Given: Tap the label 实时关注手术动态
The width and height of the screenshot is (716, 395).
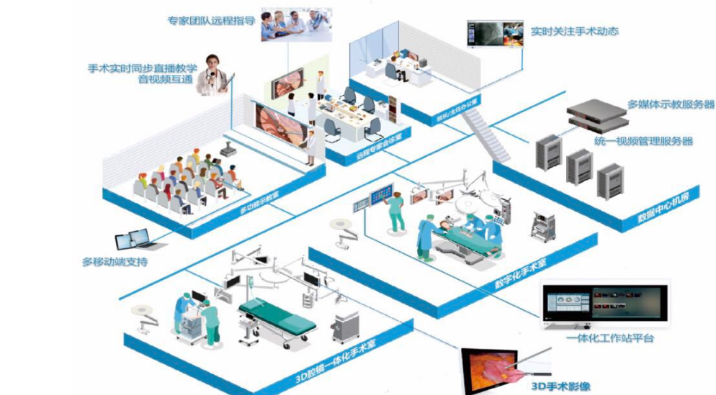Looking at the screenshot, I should coord(574,32).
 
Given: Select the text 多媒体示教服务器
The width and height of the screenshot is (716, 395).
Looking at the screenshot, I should coord(671,104).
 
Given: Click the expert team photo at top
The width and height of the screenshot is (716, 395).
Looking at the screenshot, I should coord(295,24).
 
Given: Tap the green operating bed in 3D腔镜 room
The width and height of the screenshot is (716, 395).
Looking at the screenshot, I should coord(277,317).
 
